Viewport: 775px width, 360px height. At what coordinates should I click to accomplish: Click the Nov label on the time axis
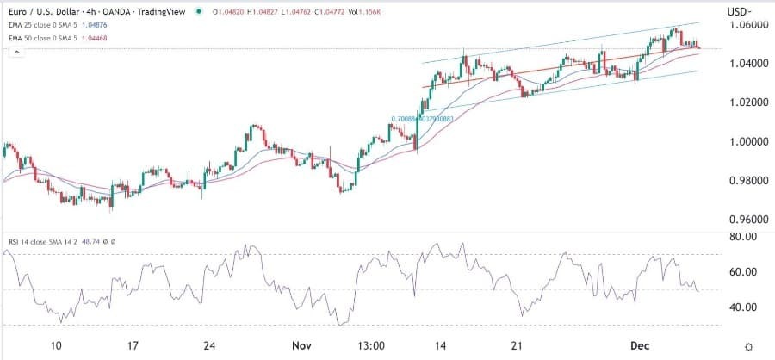coord(301,345)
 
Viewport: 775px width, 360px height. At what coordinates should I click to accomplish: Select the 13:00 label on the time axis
coord(370,345)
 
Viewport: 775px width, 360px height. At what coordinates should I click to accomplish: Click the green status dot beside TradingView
coord(199,12)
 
